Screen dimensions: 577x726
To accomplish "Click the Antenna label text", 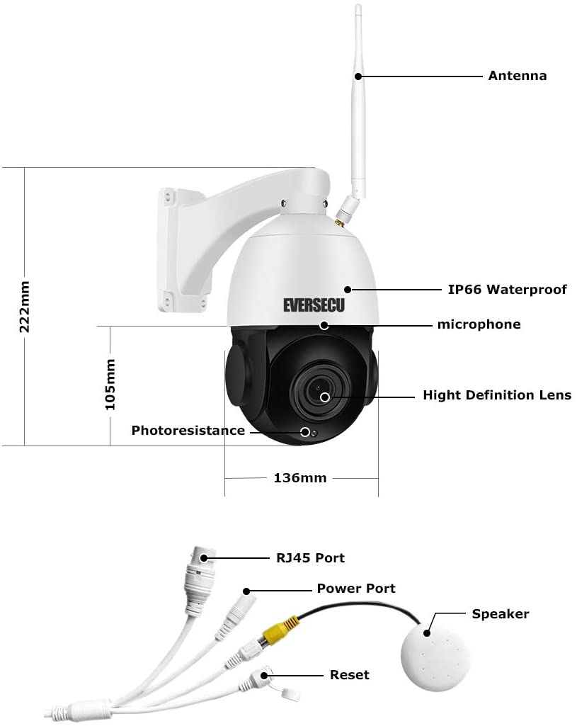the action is [518, 76].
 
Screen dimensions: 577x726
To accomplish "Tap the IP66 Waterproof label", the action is [507, 290].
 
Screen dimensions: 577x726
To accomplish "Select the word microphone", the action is [479, 324].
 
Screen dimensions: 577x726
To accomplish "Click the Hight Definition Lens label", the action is [497, 395].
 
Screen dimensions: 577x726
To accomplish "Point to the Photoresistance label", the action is [188, 431].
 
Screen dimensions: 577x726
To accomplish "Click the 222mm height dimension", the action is [25, 307].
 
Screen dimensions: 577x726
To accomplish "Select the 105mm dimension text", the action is [110, 385].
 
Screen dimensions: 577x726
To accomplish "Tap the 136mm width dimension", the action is [300, 478].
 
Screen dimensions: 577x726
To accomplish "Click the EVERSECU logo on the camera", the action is [314, 305].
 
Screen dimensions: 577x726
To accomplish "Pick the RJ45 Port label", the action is [310, 558].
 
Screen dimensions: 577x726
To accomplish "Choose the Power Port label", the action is [356, 589].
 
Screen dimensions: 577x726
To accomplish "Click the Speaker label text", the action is [501, 614].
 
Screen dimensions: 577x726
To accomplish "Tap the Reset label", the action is [349, 675].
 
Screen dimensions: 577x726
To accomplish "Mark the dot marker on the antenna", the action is [358, 76].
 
